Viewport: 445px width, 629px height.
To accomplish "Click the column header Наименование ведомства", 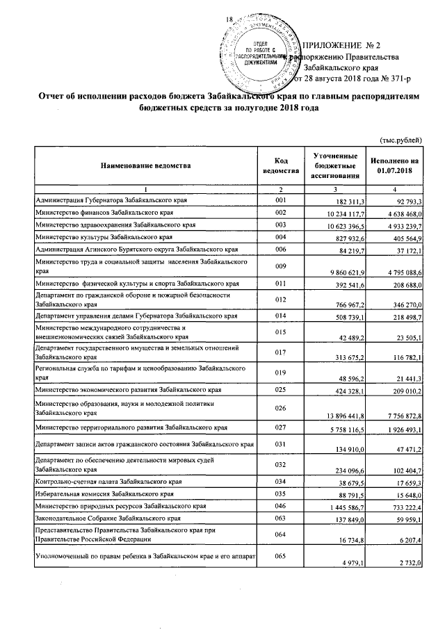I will point(145,166).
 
